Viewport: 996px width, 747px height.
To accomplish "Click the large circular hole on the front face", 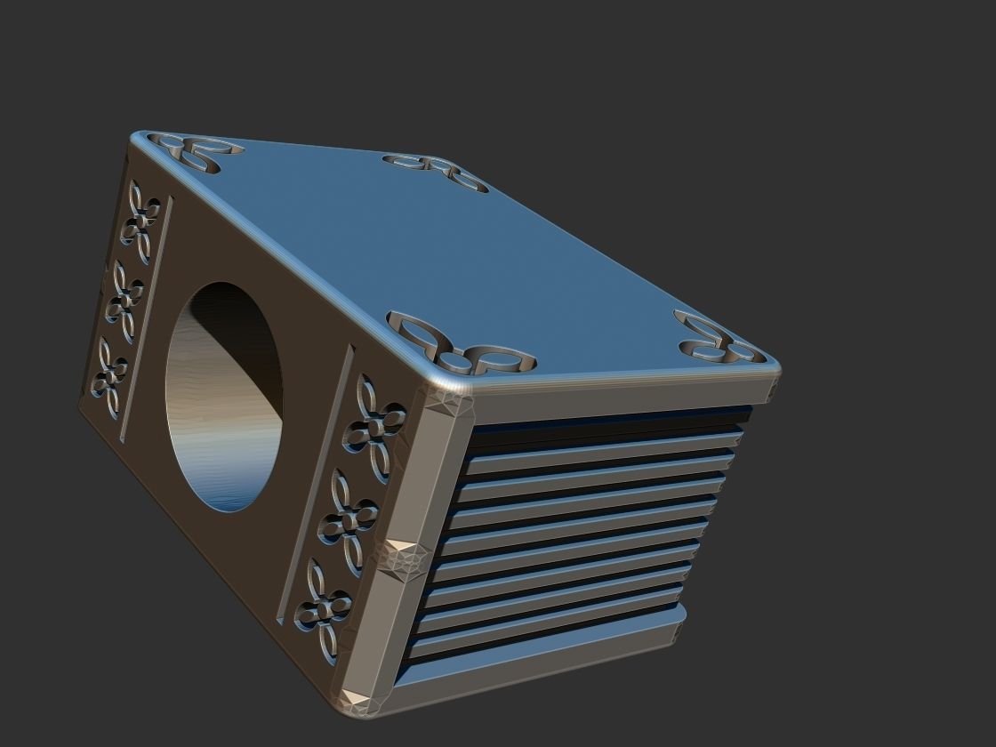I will (224, 396).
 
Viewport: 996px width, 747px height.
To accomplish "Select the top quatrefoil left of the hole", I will (141, 222).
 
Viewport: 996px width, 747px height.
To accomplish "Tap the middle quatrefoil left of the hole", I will (125, 301).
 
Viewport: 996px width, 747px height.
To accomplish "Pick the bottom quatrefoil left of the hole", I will (110, 377).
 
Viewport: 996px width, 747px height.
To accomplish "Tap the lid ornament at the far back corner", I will (436, 171).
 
